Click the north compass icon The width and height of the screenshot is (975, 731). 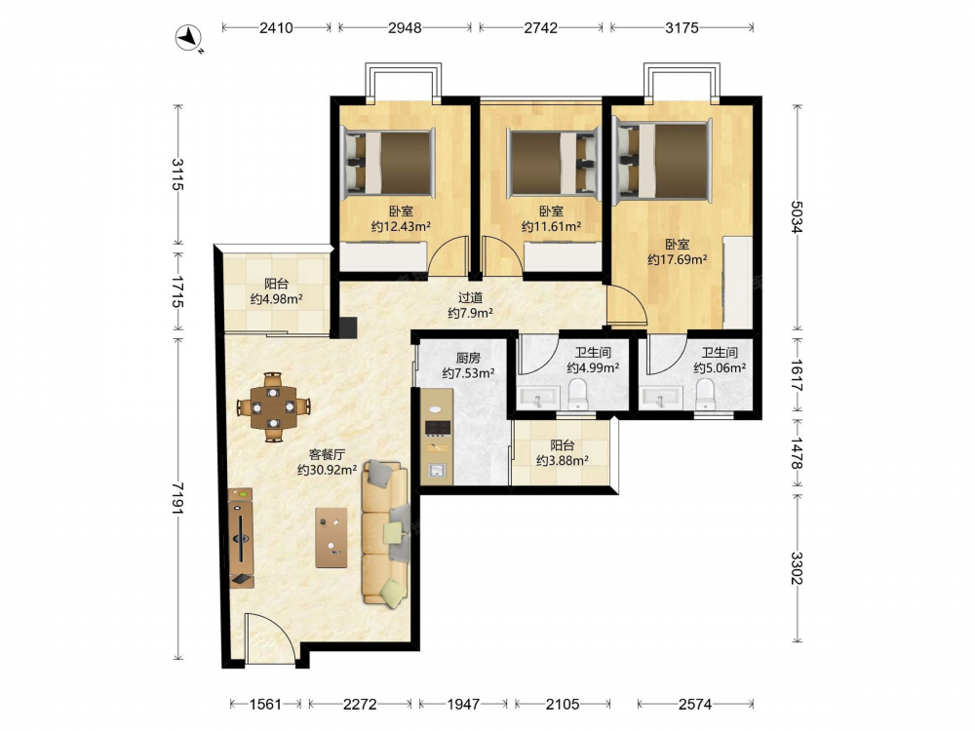187,38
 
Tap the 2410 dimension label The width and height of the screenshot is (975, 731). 276,27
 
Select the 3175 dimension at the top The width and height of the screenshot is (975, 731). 682,27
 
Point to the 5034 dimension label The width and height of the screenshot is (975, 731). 797,216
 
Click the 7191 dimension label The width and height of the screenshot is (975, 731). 178,498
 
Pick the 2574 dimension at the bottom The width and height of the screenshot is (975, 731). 694,704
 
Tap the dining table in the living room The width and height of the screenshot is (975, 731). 274,407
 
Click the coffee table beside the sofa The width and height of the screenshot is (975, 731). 331,538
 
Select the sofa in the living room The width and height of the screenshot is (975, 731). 386,533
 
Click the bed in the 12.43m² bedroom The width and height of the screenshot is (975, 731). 388,162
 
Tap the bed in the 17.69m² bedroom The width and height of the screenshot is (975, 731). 663,162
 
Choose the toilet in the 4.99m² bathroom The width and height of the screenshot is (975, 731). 578,395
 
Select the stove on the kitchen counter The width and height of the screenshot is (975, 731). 438,428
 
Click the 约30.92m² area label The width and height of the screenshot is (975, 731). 327,470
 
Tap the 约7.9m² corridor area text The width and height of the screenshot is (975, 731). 471,313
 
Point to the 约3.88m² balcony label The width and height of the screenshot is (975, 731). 563,461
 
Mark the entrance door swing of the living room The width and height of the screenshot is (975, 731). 270,637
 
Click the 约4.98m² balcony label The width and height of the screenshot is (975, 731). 277,299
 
